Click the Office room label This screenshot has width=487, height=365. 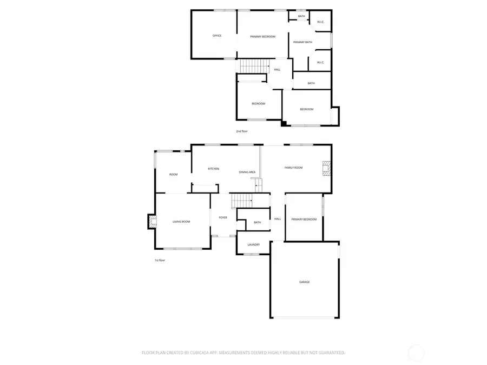pyautogui.click(x=217, y=36)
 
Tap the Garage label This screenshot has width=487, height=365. pyautogui.click(x=305, y=282)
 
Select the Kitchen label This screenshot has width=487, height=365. pyautogui.click(x=214, y=169)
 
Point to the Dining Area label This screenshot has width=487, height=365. pyautogui.click(x=247, y=172)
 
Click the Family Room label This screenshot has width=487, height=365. pyautogui.click(x=294, y=168)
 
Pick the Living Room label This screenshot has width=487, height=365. pyautogui.click(x=181, y=222)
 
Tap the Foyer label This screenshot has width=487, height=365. pyautogui.click(x=223, y=217)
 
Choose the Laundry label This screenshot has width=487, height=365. pyautogui.click(x=254, y=244)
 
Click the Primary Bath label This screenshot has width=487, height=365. pyautogui.click(x=302, y=42)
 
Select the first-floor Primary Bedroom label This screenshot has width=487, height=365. pyautogui.click(x=304, y=219)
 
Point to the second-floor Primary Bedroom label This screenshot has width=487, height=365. pyautogui.click(x=262, y=36)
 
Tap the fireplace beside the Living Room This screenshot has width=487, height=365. pyautogui.click(x=152, y=221)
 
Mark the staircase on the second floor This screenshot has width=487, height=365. pyautogui.click(x=254, y=67)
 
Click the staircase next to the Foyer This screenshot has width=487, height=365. pyautogui.click(x=241, y=201)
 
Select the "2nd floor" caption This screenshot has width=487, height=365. pyautogui.click(x=242, y=131)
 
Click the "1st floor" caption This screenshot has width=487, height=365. pyautogui.click(x=160, y=260)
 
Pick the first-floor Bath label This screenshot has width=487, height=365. pyautogui.click(x=258, y=222)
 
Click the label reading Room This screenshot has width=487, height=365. pyautogui.click(x=174, y=174)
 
